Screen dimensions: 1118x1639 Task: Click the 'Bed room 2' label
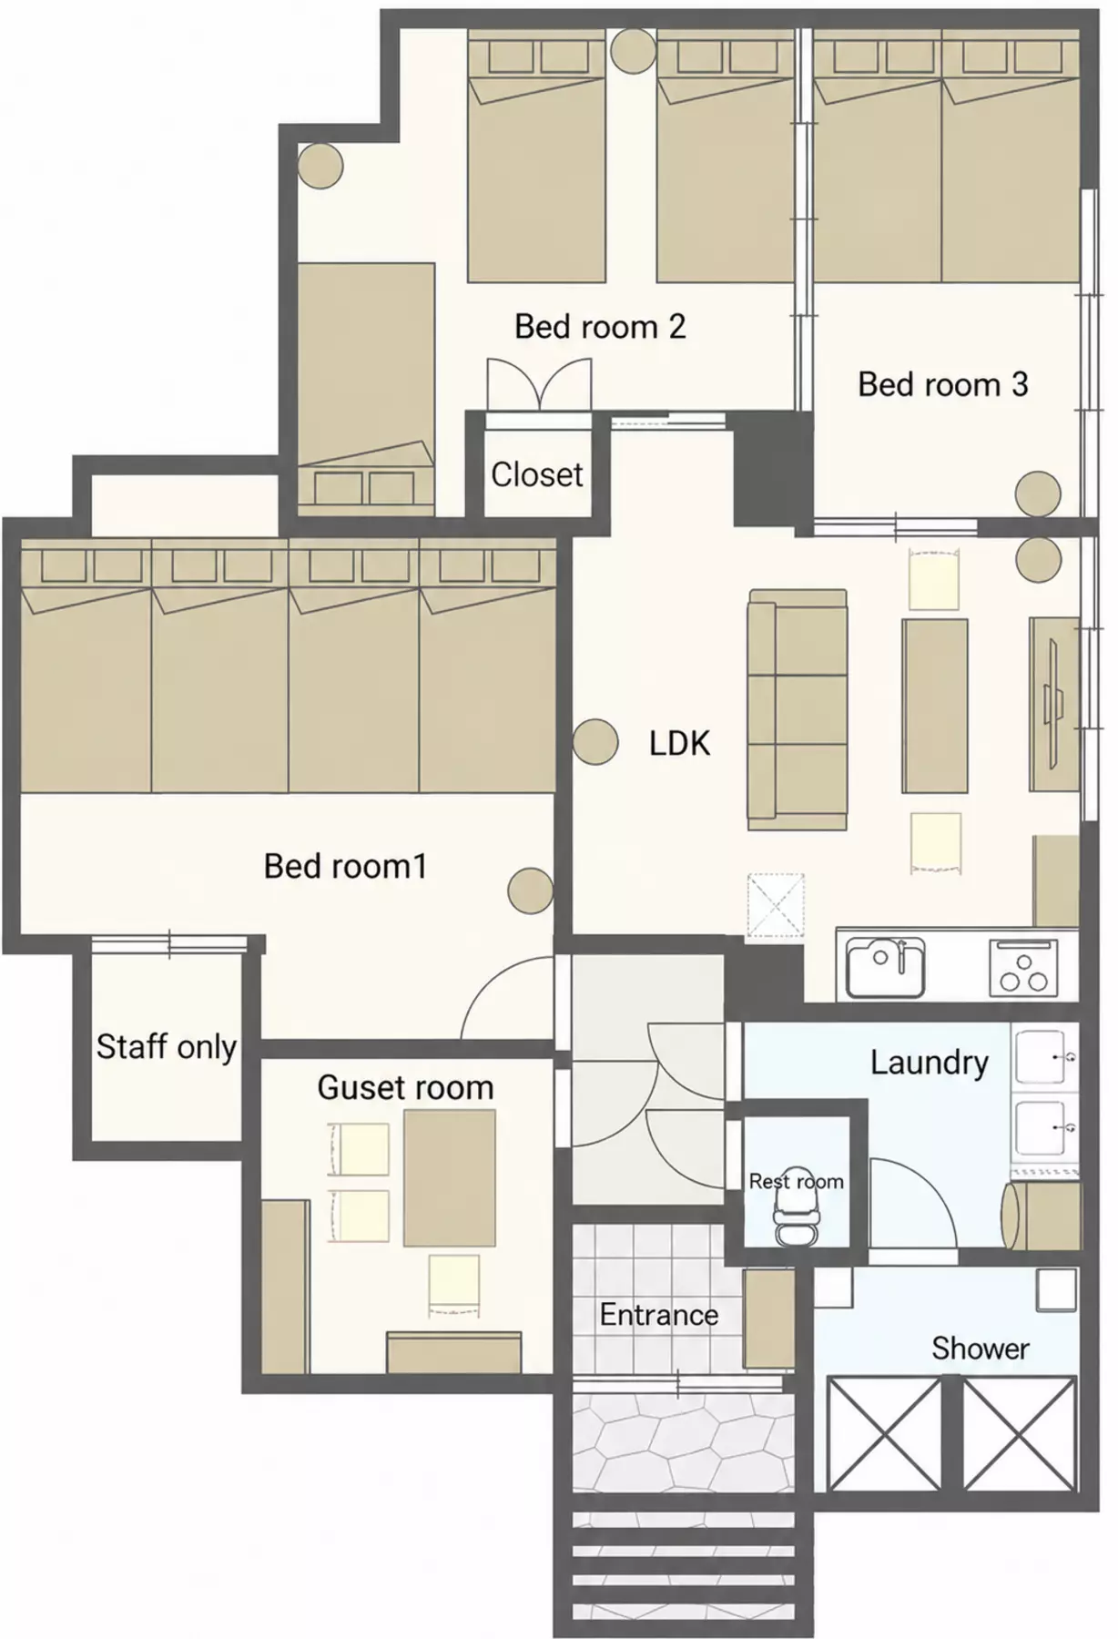[600, 326]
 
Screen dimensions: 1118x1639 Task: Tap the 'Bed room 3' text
[943, 384]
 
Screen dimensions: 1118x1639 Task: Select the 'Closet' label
[537, 474]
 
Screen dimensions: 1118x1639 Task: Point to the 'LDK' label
[679, 744]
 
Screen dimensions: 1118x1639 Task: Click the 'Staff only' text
[167, 1047]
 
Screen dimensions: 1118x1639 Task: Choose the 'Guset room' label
[405, 1087]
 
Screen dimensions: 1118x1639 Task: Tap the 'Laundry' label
[930, 1063]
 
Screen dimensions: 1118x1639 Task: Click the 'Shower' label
[981, 1349]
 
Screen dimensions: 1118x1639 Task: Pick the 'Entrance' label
[659, 1315]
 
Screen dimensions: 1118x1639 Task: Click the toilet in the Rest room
[797, 1206]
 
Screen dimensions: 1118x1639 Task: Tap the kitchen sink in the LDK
[886, 968]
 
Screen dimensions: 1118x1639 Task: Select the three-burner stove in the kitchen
[1024, 968]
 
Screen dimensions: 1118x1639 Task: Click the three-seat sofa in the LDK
[798, 710]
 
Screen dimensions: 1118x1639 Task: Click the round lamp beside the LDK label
[596, 742]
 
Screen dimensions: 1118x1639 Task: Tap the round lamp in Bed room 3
[1038, 494]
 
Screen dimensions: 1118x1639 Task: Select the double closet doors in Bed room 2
[540, 384]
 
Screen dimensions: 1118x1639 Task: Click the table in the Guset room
[450, 1177]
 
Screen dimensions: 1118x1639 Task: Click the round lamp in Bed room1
[531, 890]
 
